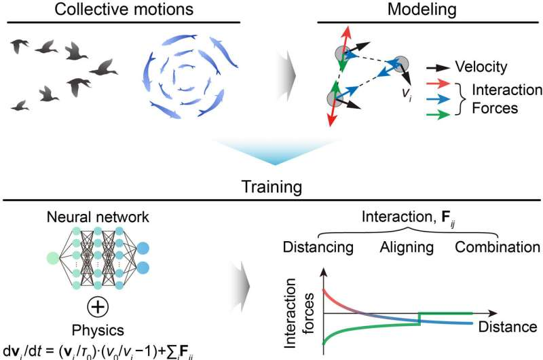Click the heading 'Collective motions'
pos(126,10)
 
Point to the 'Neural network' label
pos(98,219)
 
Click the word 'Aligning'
pos(401,247)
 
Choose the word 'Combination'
pos(498,247)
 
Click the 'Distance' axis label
pos(506,327)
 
